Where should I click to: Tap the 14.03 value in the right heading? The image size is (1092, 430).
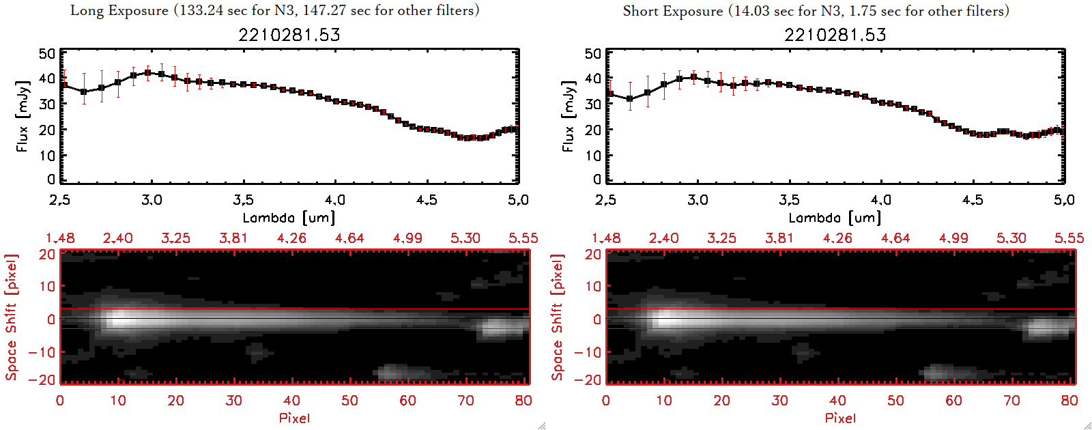(x=755, y=11)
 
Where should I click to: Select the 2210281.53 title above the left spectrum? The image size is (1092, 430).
(x=289, y=35)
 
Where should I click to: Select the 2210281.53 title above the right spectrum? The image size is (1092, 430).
(x=835, y=35)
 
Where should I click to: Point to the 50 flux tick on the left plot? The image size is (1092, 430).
(x=47, y=54)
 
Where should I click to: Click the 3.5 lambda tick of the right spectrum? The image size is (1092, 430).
(x=789, y=200)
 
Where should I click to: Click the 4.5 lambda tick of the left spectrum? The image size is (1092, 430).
(x=427, y=200)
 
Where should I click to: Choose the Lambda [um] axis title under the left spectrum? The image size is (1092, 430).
(x=289, y=218)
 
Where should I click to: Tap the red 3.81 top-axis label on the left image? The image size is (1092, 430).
(x=233, y=238)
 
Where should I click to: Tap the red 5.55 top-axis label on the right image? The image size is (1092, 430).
(x=1069, y=238)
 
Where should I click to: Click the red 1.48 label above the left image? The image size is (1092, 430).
(x=60, y=238)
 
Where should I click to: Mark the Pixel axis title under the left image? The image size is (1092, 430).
(x=294, y=418)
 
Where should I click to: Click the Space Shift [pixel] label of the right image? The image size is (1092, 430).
(x=558, y=317)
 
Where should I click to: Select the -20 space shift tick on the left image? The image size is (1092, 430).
(x=42, y=380)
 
